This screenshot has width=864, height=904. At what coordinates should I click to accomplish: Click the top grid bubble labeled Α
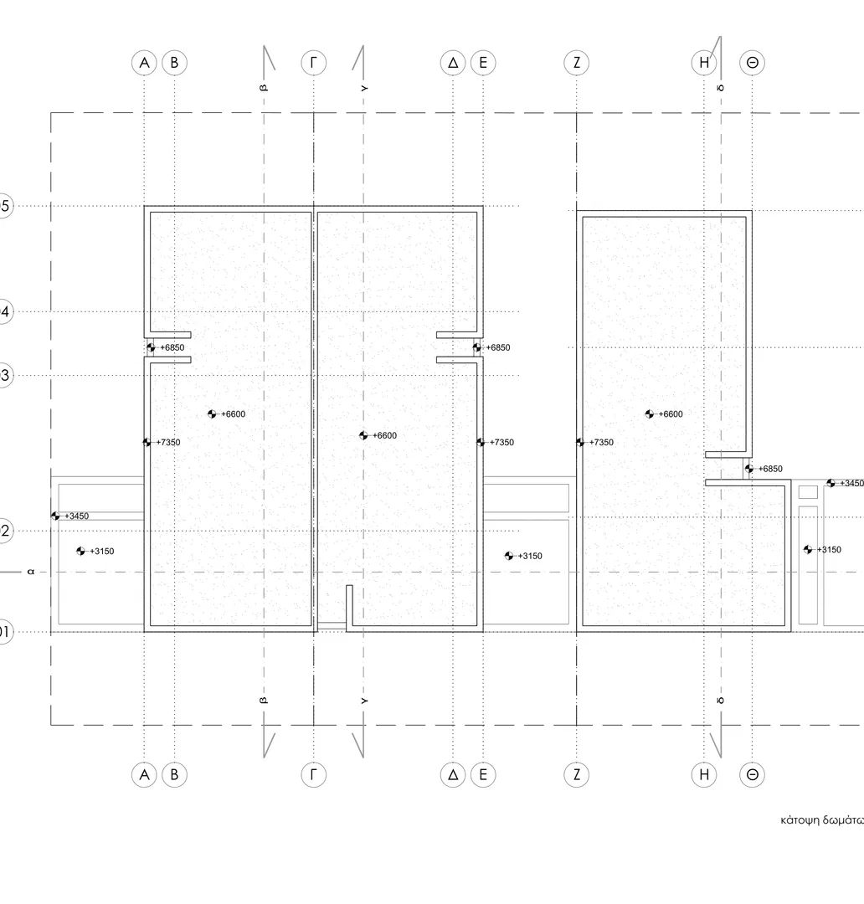pos(145,63)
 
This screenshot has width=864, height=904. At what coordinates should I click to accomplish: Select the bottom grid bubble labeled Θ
pos(753,774)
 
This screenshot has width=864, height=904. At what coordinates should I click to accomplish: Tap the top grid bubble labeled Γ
pos(313,63)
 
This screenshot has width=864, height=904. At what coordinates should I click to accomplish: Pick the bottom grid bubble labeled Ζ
pos(577,774)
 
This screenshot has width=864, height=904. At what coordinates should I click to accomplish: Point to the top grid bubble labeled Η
pos(704,63)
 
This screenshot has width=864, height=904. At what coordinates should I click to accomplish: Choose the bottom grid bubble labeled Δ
pos(453,774)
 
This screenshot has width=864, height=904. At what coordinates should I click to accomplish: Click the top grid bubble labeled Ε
pos(483,63)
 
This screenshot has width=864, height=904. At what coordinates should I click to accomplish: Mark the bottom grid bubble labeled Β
pos(174,774)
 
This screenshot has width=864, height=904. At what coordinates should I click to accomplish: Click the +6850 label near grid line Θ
pos(770,470)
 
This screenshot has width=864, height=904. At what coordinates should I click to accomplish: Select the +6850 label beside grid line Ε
pos(497,348)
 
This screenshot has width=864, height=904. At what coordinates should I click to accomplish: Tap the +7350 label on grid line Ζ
pos(601,443)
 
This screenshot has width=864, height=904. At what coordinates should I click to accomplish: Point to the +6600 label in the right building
pos(671,414)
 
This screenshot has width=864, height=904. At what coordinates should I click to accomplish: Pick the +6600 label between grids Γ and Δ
pos(385,436)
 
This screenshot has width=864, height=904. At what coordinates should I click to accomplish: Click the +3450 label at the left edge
pos(76,516)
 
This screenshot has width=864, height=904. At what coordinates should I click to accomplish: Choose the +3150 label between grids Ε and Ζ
pos(530,557)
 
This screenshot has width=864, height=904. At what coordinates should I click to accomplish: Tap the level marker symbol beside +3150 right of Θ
pos(808,550)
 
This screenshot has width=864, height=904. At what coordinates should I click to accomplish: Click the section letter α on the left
pos(31,573)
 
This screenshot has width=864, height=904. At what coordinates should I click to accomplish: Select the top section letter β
pos(264,87)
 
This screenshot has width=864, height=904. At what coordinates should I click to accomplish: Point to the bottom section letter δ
pos(721,700)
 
